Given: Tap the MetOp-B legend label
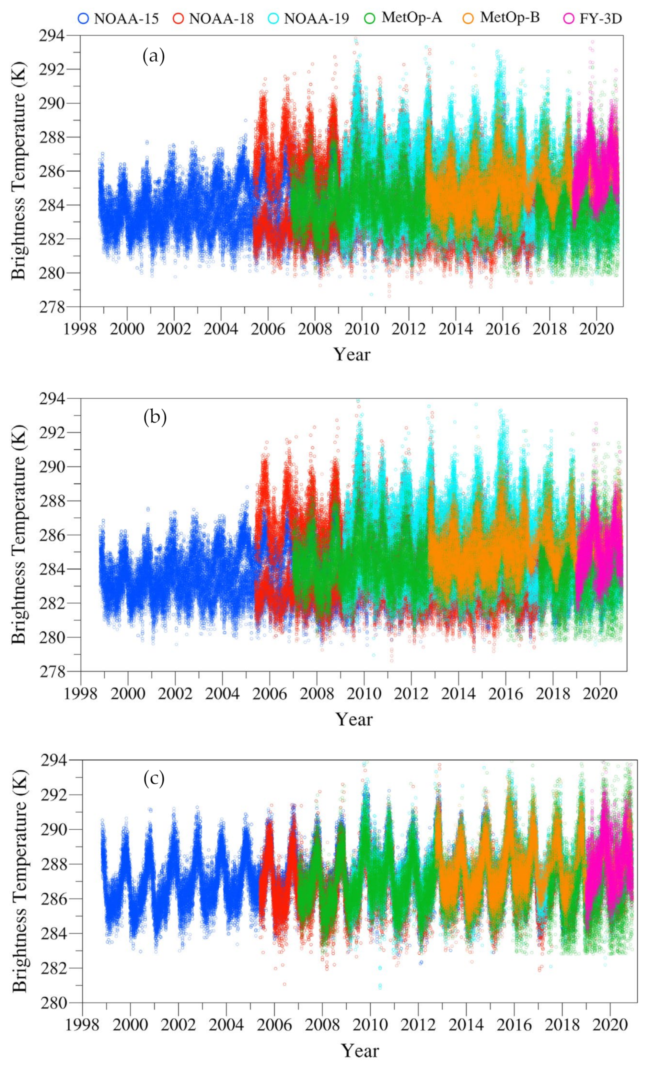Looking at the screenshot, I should click(x=509, y=18).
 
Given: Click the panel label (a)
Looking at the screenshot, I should click(x=154, y=56).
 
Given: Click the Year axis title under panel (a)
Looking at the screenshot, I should click(x=352, y=355).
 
